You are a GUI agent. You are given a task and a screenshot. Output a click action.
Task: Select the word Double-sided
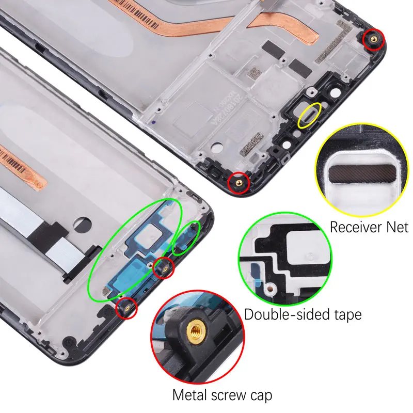coord(285,314)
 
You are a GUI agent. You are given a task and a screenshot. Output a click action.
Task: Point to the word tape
coord(345,314)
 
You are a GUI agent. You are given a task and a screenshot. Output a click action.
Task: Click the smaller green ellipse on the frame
coord(186,237)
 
